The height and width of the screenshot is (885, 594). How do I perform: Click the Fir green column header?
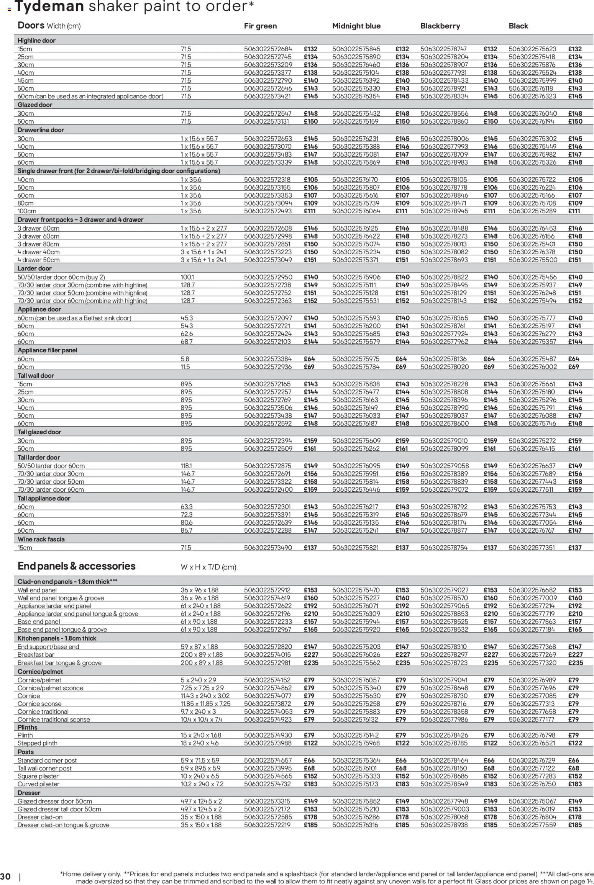260,26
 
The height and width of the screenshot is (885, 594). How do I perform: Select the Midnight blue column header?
356,26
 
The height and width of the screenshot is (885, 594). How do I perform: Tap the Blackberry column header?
440,26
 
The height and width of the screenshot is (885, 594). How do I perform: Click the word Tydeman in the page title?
49,7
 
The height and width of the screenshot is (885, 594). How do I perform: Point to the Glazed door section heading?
34,105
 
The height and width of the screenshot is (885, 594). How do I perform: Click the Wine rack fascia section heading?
41,539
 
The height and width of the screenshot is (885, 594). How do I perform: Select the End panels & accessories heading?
76,566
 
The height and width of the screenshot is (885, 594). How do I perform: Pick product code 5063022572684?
268,49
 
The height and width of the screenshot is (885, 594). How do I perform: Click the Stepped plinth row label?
37,743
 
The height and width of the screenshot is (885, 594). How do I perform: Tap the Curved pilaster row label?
38,784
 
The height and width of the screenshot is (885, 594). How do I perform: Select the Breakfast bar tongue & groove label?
59,663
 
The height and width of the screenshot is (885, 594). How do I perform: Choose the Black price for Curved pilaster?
575,784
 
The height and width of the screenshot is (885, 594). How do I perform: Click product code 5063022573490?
268,548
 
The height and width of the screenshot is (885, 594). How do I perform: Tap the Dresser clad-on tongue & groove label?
63,825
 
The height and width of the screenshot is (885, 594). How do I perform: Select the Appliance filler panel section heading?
47,350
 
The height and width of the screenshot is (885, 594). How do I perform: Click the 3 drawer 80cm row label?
38,244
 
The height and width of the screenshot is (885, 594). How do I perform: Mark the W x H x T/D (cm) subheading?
208,567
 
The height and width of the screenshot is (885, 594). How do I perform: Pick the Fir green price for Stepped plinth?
310,743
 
